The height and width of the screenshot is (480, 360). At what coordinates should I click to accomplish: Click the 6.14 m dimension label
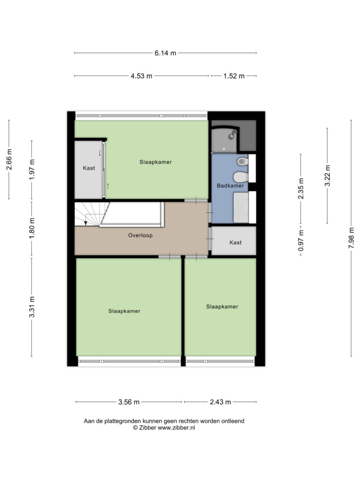point(165,53)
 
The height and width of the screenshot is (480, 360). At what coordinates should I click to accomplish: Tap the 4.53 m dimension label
point(142,76)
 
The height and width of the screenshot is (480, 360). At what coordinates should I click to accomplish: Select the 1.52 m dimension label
point(234,76)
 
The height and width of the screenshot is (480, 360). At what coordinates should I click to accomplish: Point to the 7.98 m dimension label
point(352,238)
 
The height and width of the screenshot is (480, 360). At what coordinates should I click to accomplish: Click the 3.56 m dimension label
point(129,402)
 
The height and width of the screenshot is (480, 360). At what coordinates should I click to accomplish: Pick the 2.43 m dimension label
point(220,402)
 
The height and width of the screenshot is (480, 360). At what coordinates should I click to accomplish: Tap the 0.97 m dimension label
point(301,240)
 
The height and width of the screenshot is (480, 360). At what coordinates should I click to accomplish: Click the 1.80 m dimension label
point(32,228)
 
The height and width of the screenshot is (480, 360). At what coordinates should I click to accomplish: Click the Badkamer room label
point(230,186)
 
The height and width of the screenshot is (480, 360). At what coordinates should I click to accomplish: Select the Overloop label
point(140,235)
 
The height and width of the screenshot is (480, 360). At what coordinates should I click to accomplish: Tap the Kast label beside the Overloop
point(235,242)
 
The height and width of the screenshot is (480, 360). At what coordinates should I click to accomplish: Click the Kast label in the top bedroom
point(89,168)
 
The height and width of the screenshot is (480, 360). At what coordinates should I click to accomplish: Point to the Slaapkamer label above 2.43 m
point(222,307)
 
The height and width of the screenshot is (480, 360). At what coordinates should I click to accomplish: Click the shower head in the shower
point(233,134)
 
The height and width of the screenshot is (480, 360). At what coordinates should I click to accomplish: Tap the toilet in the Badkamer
point(241,177)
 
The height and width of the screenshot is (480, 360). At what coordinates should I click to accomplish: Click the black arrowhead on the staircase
point(86,223)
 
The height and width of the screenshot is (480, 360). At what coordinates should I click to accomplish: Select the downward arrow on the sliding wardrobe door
point(99,153)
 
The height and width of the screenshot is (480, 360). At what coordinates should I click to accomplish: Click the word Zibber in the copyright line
point(148,427)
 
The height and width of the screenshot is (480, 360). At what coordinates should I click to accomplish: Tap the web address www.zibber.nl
point(176,427)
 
